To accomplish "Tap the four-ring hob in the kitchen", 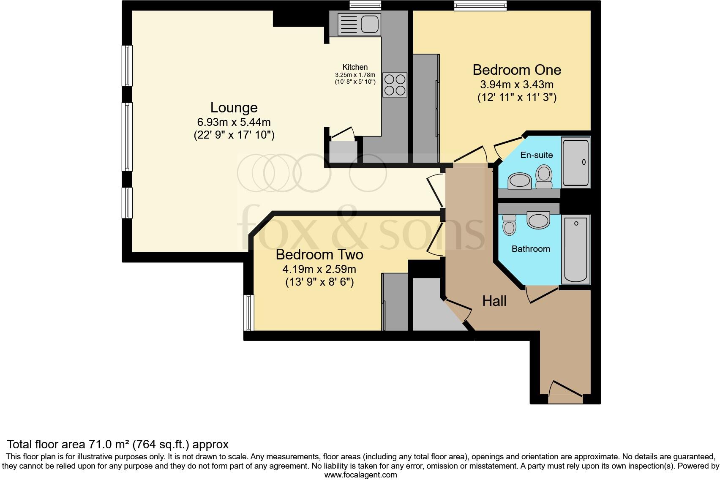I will [x=395, y=85].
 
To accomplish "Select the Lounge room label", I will [x=234, y=108].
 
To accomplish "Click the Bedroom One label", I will [x=516, y=70].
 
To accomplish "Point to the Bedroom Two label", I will [x=319, y=255].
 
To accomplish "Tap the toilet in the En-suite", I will [x=544, y=177].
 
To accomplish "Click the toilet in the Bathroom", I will [x=510, y=224].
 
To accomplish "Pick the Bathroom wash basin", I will [x=538, y=221].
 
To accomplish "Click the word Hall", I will [x=494, y=301].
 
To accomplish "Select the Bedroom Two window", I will [x=249, y=313].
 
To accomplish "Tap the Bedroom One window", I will [x=480, y=5].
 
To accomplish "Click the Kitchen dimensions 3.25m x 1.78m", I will [x=355, y=75].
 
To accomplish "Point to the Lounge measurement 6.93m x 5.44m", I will [x=234, y=123].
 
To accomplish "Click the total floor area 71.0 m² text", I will [x=118, y=444].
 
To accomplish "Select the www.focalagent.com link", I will [x=360, y=475].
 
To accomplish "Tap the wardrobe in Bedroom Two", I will [x=395, y=302].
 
